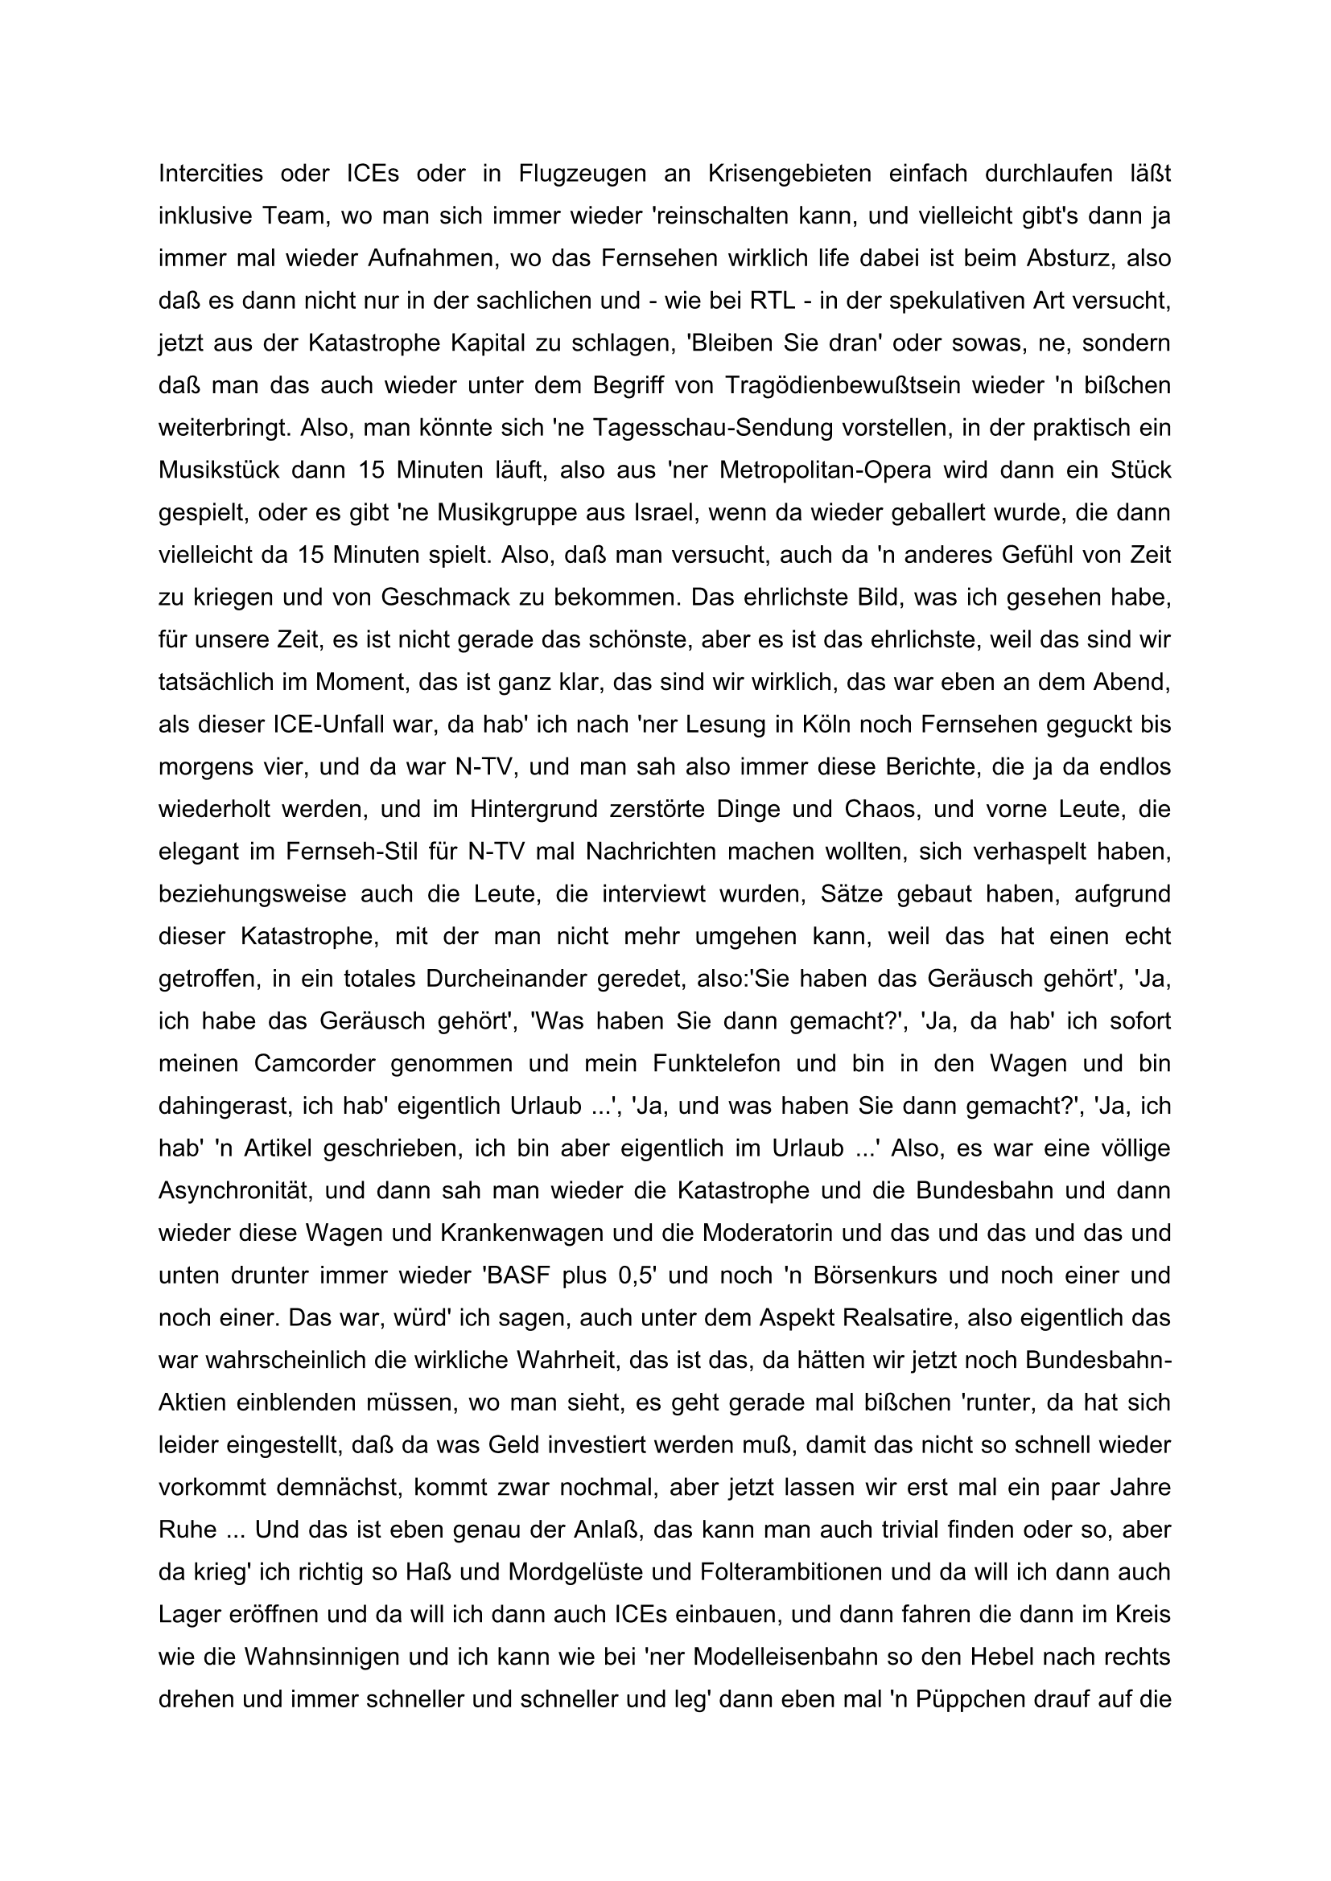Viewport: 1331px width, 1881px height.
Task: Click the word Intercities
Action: [x=211, y=174]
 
